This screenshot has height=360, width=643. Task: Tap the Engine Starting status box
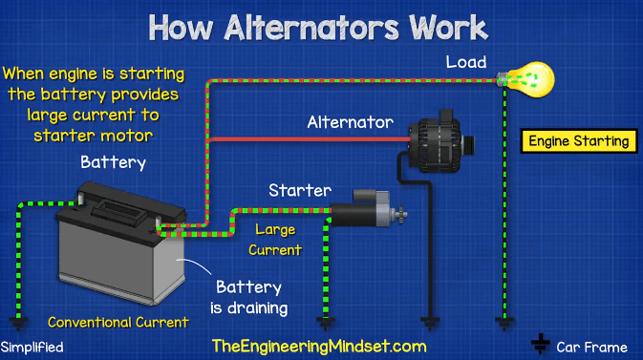point(580,141)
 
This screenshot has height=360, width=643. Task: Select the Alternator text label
point(350,122)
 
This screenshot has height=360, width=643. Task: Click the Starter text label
point(299,190)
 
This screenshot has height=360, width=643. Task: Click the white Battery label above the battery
point(113,161)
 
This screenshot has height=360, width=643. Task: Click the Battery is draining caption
point(251,297)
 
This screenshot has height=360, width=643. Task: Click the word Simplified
point(32,347)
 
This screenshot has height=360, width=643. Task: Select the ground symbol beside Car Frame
point(541,343)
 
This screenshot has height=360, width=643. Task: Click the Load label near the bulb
point(465,62)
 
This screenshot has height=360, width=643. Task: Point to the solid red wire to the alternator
point(306,139)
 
